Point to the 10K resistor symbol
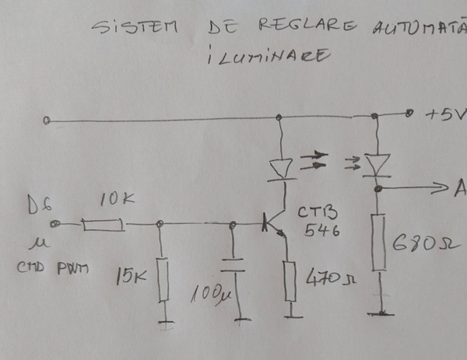click(x=103, y=225)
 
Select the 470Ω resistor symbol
click(x=291, y=281)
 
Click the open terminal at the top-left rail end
click(x=47, y=121)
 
